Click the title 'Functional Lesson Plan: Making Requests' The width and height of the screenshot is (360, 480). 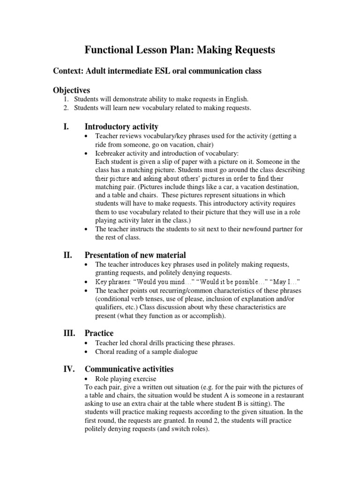point(180,50)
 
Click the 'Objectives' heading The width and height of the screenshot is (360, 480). point(71,90)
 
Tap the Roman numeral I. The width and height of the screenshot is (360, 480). point(66,127)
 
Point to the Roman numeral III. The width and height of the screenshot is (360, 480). point(68,333)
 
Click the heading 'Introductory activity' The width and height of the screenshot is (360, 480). point(121,127)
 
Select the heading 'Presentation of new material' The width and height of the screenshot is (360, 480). point(135,255)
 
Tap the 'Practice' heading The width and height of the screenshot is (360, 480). point(99,333)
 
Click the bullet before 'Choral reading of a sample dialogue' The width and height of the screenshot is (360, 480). point(87,352)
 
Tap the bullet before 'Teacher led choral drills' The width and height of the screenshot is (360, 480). point(87,343)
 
